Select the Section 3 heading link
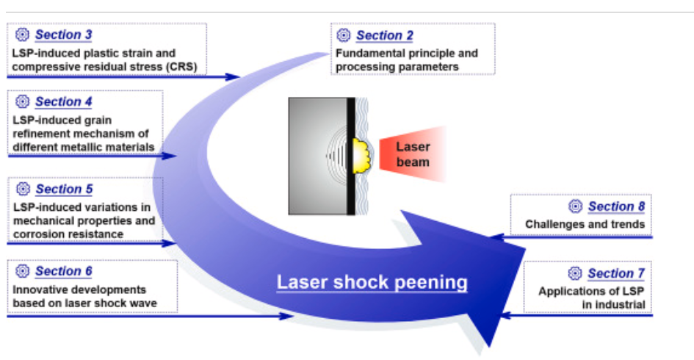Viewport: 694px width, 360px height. (x=64, y=35)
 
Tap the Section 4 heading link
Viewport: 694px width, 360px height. (x=64, y=101)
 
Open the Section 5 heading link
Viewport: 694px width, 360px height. (x=64, y=189)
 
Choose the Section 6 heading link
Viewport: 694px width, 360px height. (x=64, y=271)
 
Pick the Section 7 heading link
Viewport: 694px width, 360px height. (x=615, y=273)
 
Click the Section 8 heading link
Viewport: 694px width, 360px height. (x=615, y=206)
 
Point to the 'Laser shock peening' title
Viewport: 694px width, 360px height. (x=372, y=282)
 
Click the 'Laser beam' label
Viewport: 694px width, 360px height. (x=413, y=154)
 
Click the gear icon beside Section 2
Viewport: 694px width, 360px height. (x=344, y=35)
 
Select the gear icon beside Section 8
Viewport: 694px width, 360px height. (x=575, y=206)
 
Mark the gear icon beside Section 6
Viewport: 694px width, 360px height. (x=23, y=271)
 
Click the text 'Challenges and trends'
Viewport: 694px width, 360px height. (x=585, y=223)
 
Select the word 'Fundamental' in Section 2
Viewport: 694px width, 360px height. (x=369, y=53)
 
